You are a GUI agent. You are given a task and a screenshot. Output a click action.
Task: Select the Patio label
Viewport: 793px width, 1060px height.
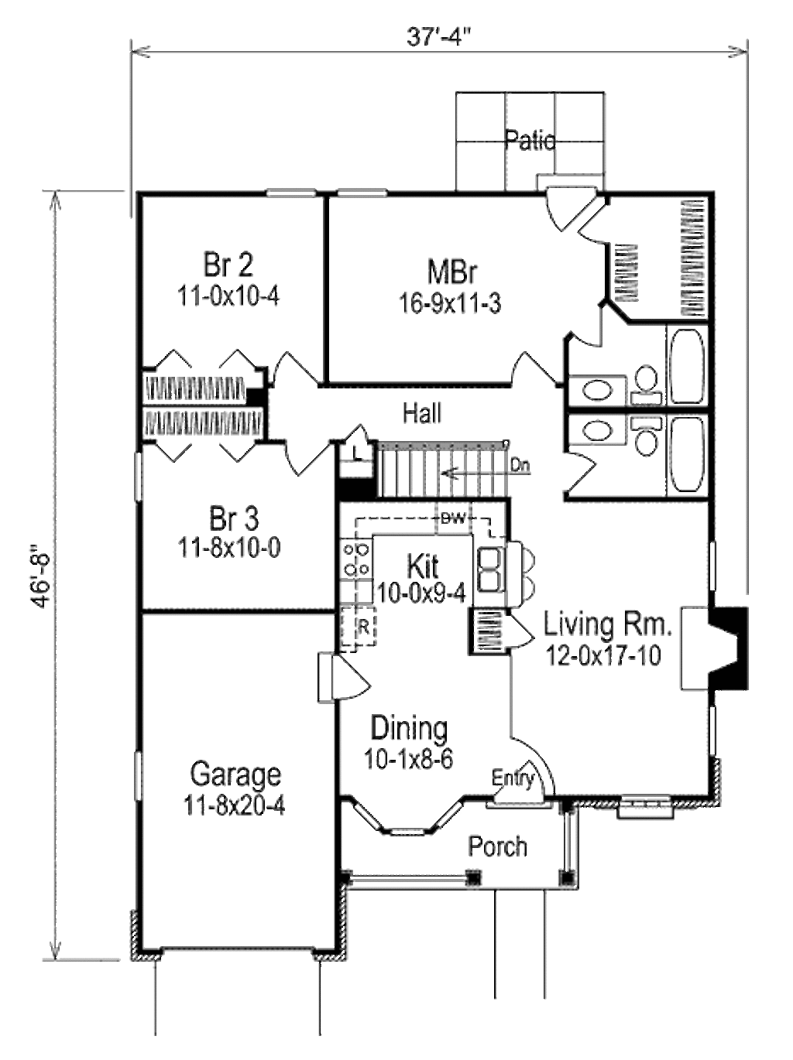tap(530, 140)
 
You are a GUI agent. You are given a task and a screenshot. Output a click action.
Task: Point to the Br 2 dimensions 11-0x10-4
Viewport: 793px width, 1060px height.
tap(228, 296)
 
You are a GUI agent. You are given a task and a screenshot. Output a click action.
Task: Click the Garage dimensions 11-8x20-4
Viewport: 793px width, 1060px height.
tap(235, 805)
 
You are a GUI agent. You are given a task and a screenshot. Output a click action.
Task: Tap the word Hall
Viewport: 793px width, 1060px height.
tap(422, 413)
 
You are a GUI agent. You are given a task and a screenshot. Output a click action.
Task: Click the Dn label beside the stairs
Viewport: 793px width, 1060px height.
tap(520, 466)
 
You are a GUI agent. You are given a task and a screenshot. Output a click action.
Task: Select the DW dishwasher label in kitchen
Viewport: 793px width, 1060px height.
tap(452, 519)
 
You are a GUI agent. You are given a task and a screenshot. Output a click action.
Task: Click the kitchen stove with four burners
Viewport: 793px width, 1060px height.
tap(356, 559)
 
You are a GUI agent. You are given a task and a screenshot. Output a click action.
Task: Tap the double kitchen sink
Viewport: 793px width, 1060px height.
tap(490, 568)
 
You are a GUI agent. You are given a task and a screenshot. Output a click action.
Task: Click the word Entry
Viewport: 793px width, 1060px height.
tap(513, 778)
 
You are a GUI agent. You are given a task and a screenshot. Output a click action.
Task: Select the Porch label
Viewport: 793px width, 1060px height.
tap(497, 846)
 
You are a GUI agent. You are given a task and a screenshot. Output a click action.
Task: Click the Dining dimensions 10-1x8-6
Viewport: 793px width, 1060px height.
tap(408, 760)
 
